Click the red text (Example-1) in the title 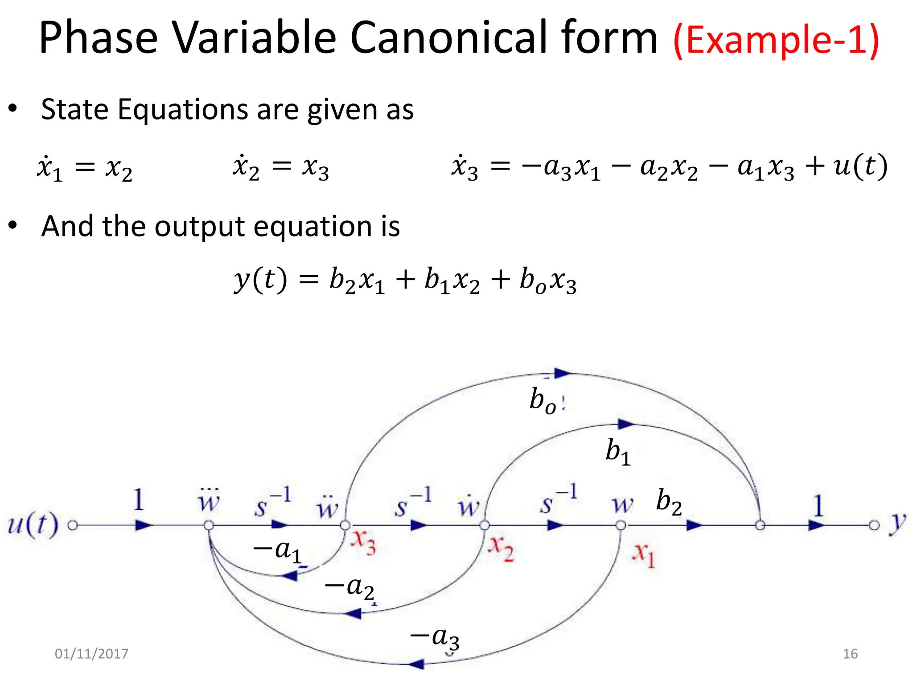tap(776, 40)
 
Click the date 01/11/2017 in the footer tap(91, 654)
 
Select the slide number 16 tap(850, 654)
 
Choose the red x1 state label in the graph tap(643, 555)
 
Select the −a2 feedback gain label tap(350, 588)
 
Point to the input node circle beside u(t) tap(73, 525)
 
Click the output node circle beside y tap(874, 525)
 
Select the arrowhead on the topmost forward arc tap(563, 373)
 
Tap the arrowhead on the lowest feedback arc tap(416, 664)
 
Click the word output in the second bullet tap(199, 227)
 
